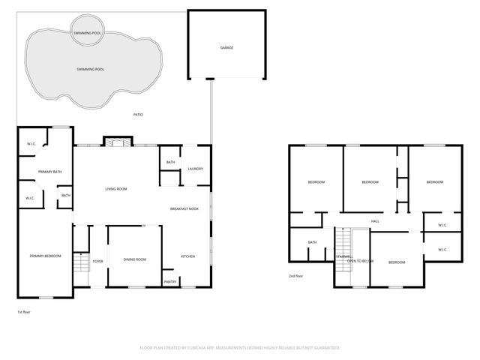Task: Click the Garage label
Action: (226, 48)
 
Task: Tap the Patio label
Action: (138, 115)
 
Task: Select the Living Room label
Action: (115, 188)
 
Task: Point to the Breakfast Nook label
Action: (184, 208)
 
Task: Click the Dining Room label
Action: (135, 259)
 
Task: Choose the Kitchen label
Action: (187, 256)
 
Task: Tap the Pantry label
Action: (170, 281)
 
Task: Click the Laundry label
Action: (195, 169)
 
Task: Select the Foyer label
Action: (97, 261)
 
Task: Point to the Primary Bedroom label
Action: (44, 256)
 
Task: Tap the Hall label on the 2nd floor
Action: (375, 220)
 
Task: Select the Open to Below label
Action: (360, 260)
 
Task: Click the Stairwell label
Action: (343, 256)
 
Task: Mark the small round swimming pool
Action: (88, 33)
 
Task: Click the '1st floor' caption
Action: (23, 311)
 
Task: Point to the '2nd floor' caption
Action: (295, 276)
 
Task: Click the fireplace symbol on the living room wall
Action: (115, 142)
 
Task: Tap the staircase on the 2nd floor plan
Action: (343, 244)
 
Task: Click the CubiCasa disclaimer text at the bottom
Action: (240, 348)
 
